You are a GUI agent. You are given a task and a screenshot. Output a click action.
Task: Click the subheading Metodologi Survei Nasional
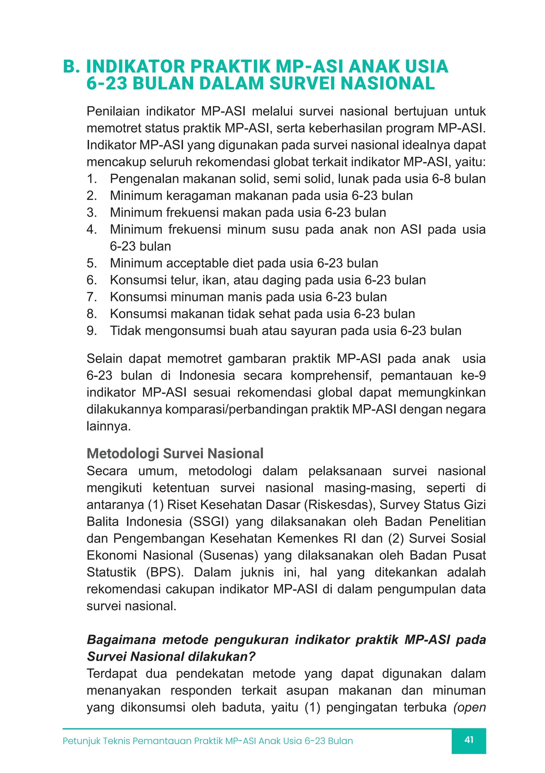pyautogui.click(x=175, y=454)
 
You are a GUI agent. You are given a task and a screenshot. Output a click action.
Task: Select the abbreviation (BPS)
pyautogui.click(x=164, y=572)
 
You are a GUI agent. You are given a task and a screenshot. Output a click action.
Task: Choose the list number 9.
pyautogui.click(x=91, y=331)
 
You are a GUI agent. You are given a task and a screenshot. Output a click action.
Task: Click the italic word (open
pyautogui.click(x=469, y=707)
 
